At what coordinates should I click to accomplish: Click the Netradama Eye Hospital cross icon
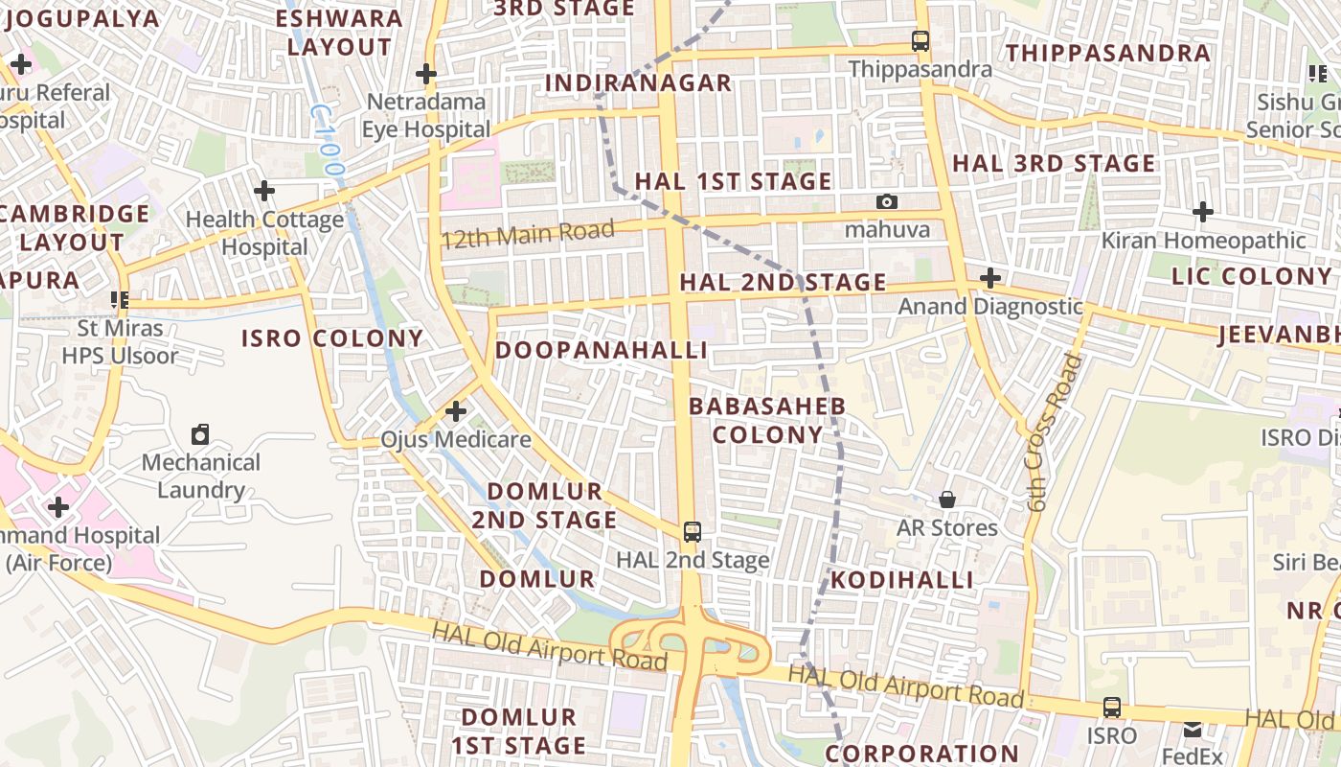click(x=426, y=73)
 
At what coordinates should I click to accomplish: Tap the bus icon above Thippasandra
click(x=921, y=41)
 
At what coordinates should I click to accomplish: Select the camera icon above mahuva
click(x=887, y=201)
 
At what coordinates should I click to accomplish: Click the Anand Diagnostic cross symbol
click(x=990, y=279)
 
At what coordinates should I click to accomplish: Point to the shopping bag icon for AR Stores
click(x=946, y=500)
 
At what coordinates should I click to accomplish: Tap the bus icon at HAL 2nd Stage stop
click(x=692, y=531)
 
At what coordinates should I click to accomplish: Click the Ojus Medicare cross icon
click(x=456, y=411)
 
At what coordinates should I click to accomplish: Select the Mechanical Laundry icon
click(x=200, y=434)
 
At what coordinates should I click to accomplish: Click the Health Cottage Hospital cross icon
click(x=264, y=190)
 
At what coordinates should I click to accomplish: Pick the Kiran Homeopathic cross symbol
click(x=1203, y=211)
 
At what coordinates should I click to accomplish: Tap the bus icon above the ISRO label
click(x=1111, y=708)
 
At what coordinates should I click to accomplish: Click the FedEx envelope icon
click(x=1192, y=730)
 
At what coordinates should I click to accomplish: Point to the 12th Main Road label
click(x=528, y=233)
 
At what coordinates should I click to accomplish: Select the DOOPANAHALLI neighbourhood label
click(x=602, y=350)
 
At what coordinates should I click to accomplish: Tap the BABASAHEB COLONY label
click(x=767, y=420)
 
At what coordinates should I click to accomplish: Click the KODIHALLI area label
click(x=901, y=580)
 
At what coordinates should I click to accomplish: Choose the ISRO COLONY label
click(x=332, y=337)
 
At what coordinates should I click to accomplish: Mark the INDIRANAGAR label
click(x=638, y=83)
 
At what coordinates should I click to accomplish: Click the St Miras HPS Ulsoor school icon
click(x=120, y=300)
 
